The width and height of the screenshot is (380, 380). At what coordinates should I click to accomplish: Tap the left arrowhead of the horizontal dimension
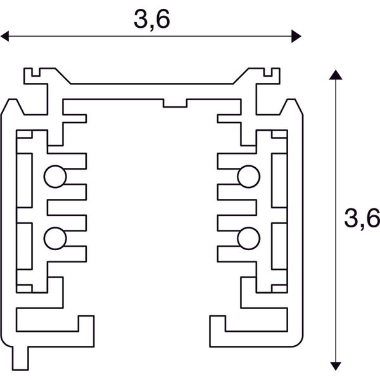[x=5, y=36]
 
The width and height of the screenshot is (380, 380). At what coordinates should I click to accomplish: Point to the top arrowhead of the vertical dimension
[x=336, y=75]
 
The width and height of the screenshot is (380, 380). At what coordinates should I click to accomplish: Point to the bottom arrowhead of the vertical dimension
[x=336, y=366]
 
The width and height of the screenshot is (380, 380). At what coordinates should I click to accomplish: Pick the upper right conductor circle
[x=248, y=176]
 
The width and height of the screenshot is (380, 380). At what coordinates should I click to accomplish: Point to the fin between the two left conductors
[x=67, y=206]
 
